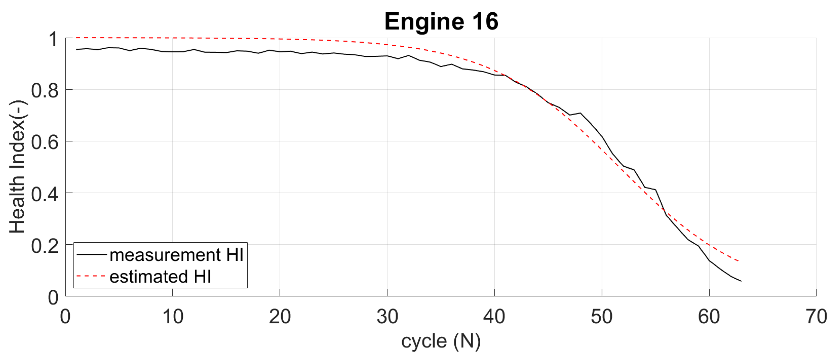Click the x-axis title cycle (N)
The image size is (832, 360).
tap(440, 341)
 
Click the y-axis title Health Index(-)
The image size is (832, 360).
tap(17, 167)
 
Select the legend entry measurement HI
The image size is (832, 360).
tap(176, 255)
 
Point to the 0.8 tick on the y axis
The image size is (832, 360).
tap(44, 90)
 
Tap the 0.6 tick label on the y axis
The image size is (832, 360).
tap(44, 142)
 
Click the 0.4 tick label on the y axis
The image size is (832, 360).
tap(44, 194)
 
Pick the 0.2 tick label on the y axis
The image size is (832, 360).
tap(44, 245)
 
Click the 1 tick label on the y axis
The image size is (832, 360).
tap(53, 39)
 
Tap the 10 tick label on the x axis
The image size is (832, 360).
tap(172, 317)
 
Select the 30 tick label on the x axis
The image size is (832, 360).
tap(387, 317)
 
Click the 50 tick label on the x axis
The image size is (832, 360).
tap(601, 317)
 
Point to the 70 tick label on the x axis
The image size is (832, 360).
tap(815, 317)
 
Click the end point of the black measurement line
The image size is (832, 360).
tap(741, 281)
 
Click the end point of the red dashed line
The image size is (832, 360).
tap(738, 261)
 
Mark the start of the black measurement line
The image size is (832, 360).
tap(76, 50)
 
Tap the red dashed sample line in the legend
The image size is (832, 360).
tap(91, 276)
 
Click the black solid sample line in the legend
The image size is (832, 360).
tap(91, 255)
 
